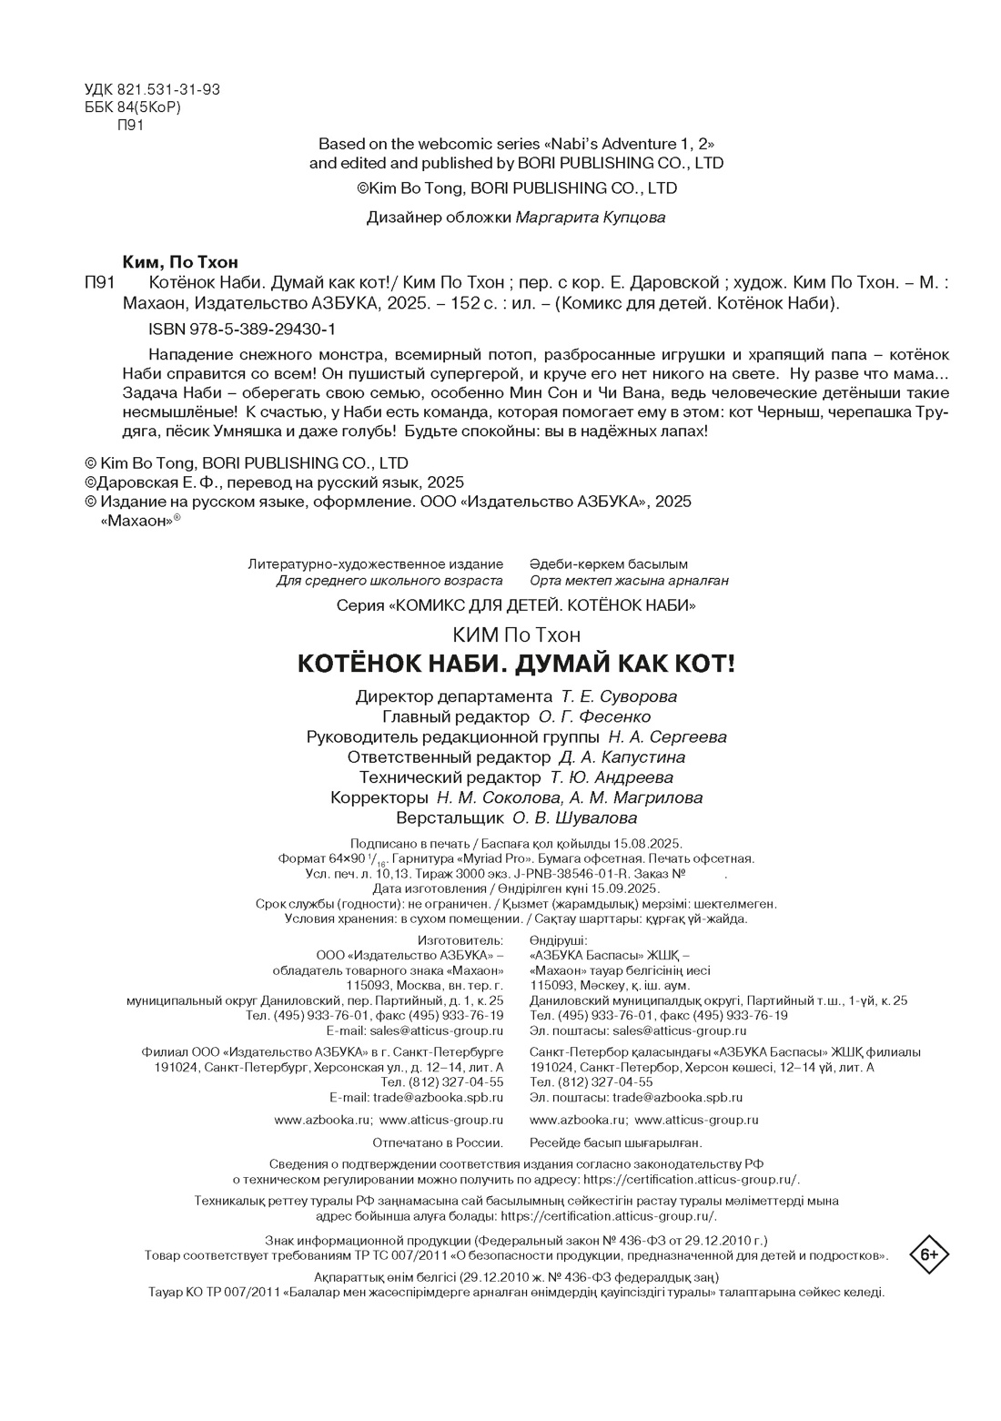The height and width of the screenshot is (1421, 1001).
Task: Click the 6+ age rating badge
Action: click(929, 1255)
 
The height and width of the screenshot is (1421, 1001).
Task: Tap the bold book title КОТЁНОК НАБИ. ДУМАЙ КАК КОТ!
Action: click(515, 664)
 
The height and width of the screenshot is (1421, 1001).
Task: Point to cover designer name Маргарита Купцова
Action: click(591, 218)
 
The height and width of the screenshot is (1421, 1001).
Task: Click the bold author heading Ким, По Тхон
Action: click(180, 262)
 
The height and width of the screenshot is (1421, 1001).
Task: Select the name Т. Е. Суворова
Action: click(619, 697)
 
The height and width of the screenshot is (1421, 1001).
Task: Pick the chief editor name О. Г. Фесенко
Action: click(601, 717)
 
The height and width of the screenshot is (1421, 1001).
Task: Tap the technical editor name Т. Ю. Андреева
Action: click(612, 777)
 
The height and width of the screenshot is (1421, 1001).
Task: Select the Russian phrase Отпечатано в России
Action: click(439, 1142)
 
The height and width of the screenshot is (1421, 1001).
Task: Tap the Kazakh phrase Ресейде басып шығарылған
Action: click(615, 1142)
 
